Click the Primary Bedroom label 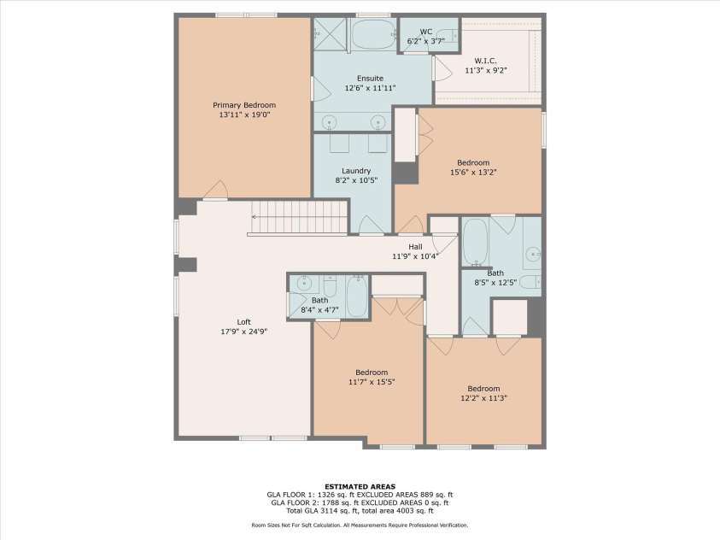(x=244, y=105)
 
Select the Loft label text (x=243, y=321)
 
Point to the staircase (x=299, y=217)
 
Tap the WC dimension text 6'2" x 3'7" (x=425, y=40)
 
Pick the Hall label (x=415, y=247)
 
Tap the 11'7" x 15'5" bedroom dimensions (x=372, y=381)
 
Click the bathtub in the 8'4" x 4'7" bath (x=357, y=296)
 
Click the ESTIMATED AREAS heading (x=359, y=486)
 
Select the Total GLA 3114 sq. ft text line (x=359, y=510)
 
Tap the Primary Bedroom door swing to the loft (x=216, y=191)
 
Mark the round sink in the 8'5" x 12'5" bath (x=533, y=254)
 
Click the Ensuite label (x=370, y=78)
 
